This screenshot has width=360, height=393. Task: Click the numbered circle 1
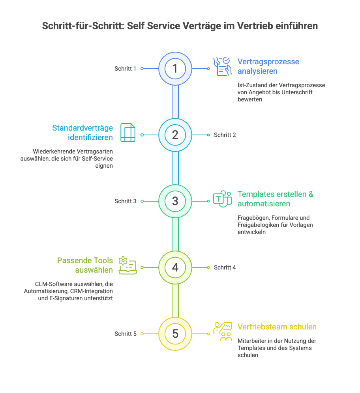[x=175, y=69]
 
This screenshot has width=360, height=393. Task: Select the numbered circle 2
[x=175, y=135]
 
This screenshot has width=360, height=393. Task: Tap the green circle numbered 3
[x=175, y=201]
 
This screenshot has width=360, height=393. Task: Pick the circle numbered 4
[x=175, y=268]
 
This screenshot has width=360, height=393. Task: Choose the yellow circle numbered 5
[x=175, y=334]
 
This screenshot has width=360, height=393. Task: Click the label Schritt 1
[x=125, y=69]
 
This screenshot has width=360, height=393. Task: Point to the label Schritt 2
[x=225, y=135]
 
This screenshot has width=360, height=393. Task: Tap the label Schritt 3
[x=125, y=201]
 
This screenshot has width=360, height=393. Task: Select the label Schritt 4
[x=225, y=268]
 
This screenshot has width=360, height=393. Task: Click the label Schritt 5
[x=125, y=334]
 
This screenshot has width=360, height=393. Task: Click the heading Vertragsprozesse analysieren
[x=268, y=66]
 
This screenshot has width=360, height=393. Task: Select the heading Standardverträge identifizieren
[x=82, y=133]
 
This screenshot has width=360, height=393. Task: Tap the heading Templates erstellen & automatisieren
[x=276, y=199]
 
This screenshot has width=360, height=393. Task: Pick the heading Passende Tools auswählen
[x=85, y=265]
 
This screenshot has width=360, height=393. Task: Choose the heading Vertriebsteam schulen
[x=277, y=327]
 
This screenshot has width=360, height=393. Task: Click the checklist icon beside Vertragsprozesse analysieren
[x=223, y=66]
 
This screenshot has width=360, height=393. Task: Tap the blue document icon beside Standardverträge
[x=128, y=133]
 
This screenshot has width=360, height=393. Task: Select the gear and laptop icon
[x=128, y=265]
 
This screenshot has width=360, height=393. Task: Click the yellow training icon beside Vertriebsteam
[x=223, y=331]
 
